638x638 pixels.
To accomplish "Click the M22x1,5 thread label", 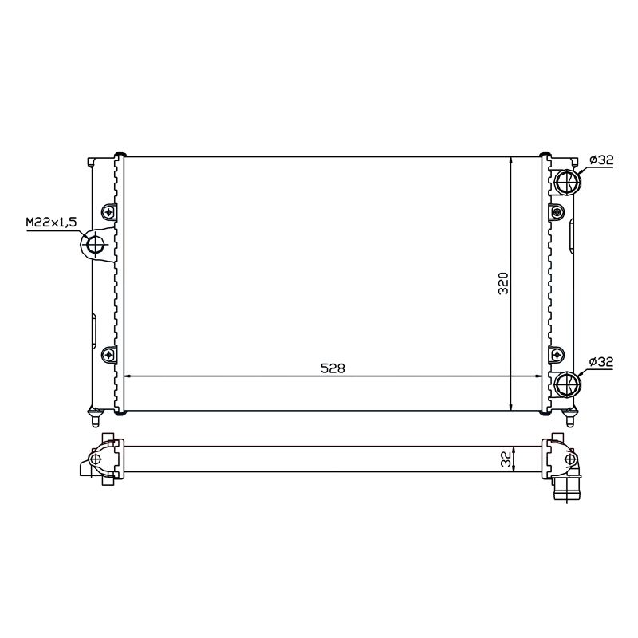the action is click(x=51, y=223).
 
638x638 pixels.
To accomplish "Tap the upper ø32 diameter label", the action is click(x=601, y=160).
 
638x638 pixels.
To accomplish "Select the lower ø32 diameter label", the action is click(x=601, y=362).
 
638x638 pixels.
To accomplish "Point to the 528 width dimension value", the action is click(x=333, y=368).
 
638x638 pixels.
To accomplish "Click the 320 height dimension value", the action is click(x=504, y=283).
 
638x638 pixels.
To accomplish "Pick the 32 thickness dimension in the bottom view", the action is click(x=506, y=459).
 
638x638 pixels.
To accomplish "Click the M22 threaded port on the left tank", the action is click(x=96, y=246).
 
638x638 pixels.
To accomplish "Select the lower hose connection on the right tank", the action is click(x=567, y=384).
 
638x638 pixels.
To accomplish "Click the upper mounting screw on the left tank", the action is click(x=108, y=212).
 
